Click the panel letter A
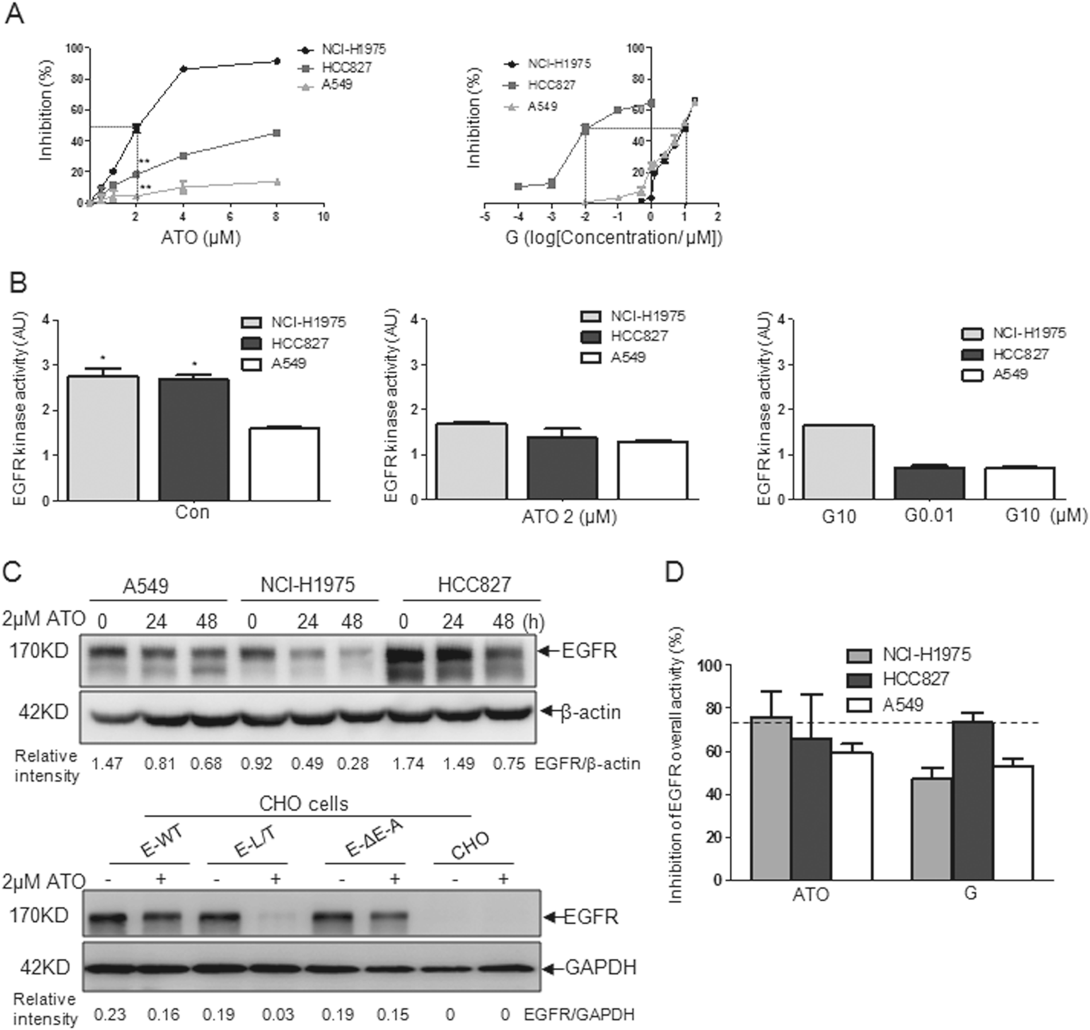tap(14, 14)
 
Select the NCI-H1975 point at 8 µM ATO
tap(277, 61)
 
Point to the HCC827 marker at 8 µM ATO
tap(277, 133)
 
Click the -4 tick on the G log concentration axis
tap(518, 217)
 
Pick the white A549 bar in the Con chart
tap(284, 464)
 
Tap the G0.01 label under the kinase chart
tap(929, 515)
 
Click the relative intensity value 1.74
tap(408, 763)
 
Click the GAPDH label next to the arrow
tap(601, 967)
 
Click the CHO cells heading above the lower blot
tap(304, 803)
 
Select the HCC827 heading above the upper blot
tap(474, 585)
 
